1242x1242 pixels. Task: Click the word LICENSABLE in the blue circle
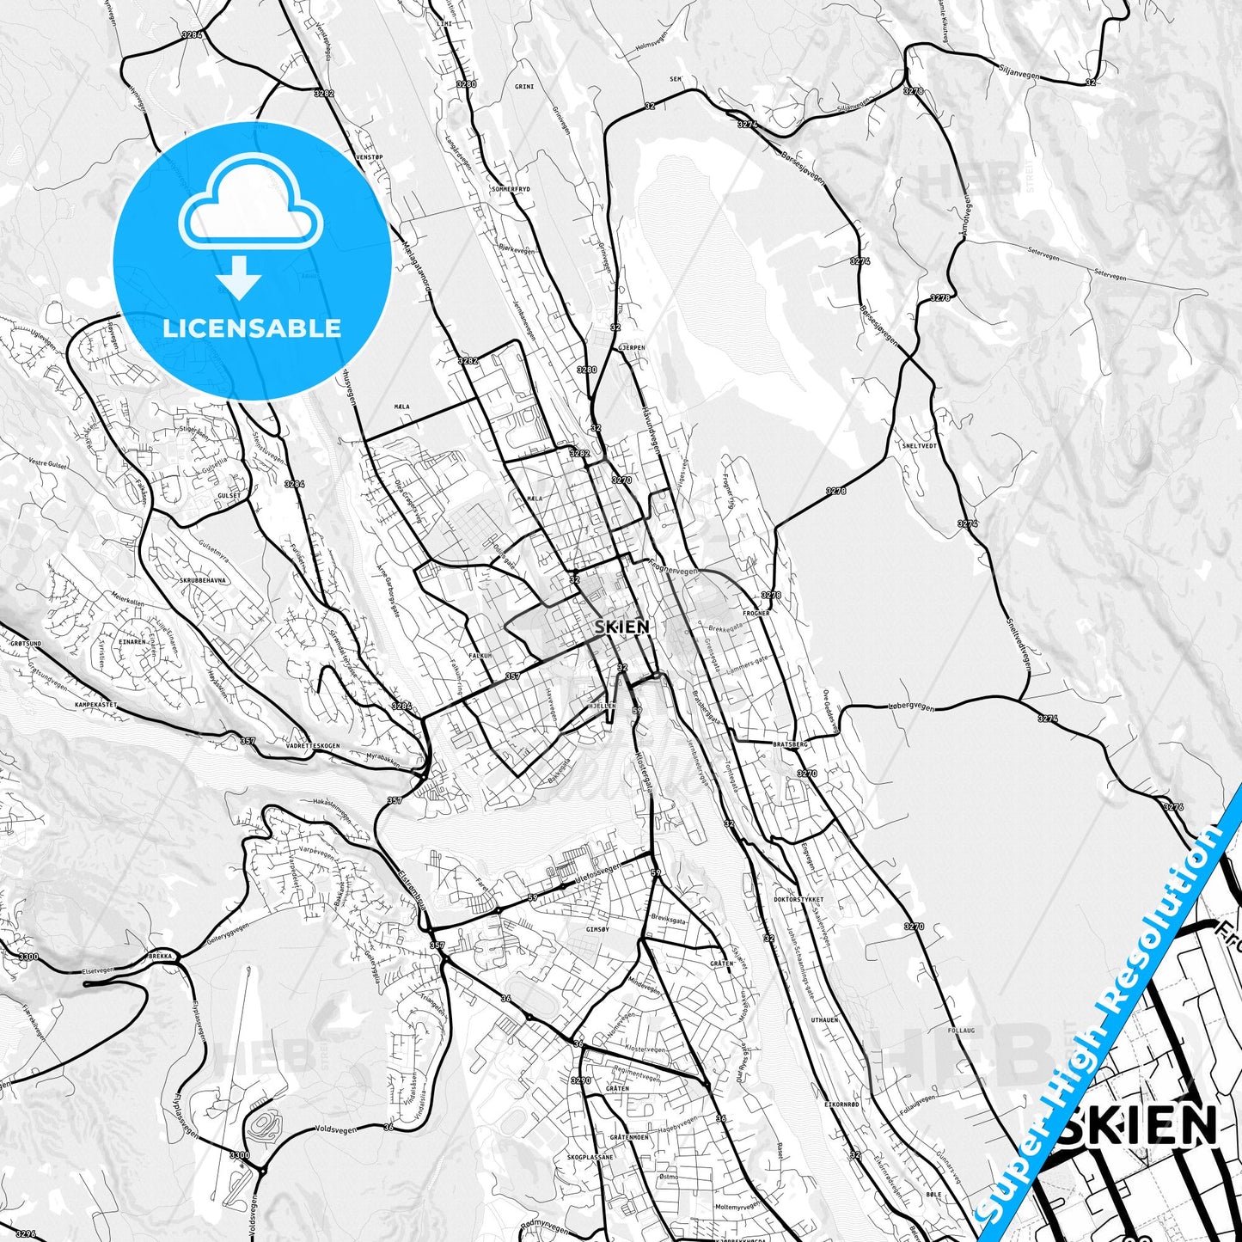tap(252, 328)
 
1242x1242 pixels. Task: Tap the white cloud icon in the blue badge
tap(250, 206)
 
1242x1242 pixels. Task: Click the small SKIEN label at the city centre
tap(621, 627)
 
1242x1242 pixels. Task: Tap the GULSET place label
tap(229, 497)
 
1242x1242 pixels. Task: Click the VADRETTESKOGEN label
tap(313, 746)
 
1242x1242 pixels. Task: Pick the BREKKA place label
tap(160, 956)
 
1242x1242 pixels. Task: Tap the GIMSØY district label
tap(597, 930)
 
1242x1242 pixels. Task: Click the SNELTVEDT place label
tap(919, 446)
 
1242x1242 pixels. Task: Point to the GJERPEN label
tap(631, 348)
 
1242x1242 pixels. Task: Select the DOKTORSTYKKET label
tap(798, 900)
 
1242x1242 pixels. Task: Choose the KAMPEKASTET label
tap(95, 705)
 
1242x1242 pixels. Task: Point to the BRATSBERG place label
tap(790, 743)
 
